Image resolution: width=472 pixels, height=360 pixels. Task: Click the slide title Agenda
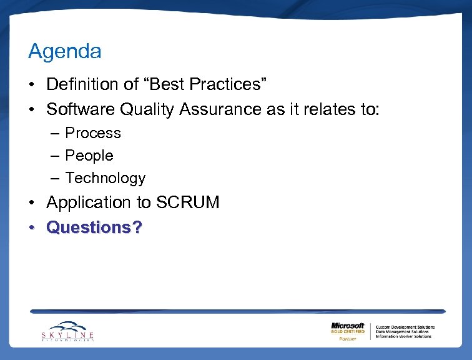(64, 52)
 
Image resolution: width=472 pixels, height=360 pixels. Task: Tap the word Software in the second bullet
(81, 109)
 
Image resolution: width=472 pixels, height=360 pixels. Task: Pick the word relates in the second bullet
(332, 109)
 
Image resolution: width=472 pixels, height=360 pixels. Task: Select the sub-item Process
(93, 133)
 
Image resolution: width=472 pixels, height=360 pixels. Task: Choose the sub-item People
(89, 156)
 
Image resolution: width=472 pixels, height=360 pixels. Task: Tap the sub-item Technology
(105, 178)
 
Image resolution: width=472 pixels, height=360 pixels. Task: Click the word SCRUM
(188, 202)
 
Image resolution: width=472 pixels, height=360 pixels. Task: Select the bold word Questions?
(94, 227)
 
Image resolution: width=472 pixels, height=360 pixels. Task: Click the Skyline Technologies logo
(68, 331)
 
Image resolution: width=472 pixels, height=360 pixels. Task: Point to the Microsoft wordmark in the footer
(348, 326)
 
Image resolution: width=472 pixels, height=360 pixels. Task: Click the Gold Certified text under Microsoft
(348, 332)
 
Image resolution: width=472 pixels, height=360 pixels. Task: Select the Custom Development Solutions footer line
(405, 327)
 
